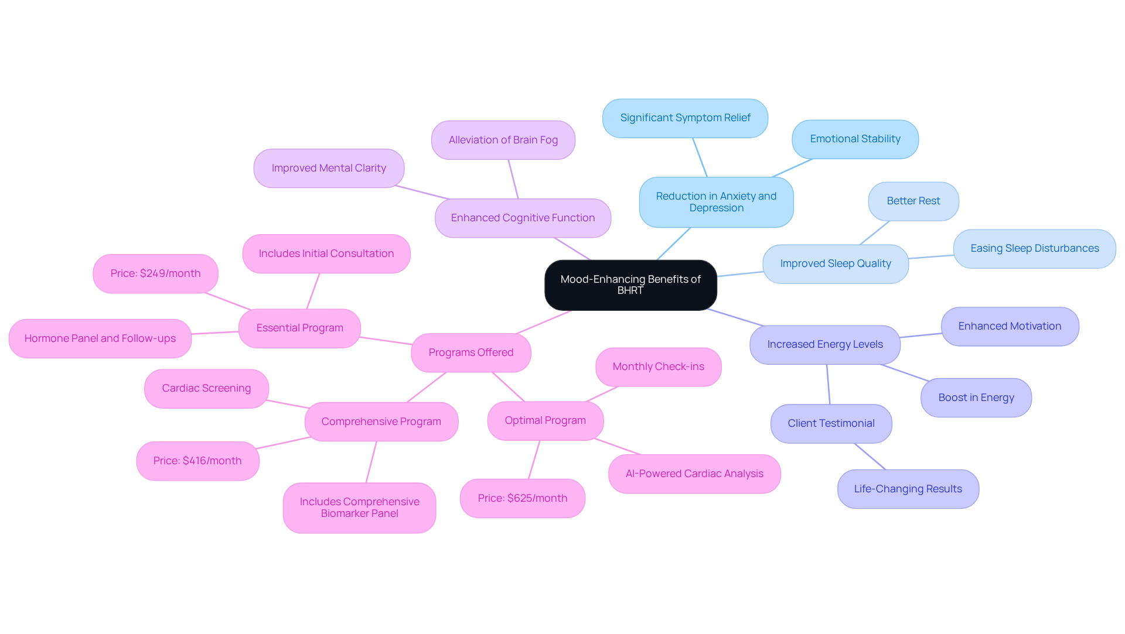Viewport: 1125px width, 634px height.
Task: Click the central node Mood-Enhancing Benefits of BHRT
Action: coord(630,285)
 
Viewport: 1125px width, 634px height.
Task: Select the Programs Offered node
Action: coord(471,352)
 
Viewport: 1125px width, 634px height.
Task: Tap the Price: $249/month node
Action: coord(155,273)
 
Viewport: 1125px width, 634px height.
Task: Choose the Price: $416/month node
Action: coord(197,461)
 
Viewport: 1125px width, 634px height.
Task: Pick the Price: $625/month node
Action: coord(522,498)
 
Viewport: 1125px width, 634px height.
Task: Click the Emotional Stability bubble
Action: coord(855,139)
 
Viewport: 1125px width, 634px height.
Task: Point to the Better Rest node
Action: coord(913,201)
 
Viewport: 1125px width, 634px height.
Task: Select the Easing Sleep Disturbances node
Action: coord(1034,248)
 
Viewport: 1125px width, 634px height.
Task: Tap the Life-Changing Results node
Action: coord(908,489)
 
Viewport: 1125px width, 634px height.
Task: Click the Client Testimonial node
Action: coord(831,423)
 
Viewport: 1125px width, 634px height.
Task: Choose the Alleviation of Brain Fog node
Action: coord(503,140)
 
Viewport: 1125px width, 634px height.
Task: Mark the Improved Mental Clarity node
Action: coord(329,168)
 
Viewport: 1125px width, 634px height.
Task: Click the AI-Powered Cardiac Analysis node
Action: coord(694,474)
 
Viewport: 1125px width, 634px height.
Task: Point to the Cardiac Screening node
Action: coord(206,388)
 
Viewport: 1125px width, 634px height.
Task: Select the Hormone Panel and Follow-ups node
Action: coord(100,338)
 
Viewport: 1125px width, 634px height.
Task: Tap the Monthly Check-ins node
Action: coord(658,366)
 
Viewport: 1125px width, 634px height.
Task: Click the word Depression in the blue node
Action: coord(716,208)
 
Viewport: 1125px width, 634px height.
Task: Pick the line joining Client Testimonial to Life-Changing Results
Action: coord(870,457)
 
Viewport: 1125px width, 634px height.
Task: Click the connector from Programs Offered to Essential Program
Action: coord(386,341)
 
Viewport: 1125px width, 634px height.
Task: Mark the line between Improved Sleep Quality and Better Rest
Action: coord(875,232)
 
